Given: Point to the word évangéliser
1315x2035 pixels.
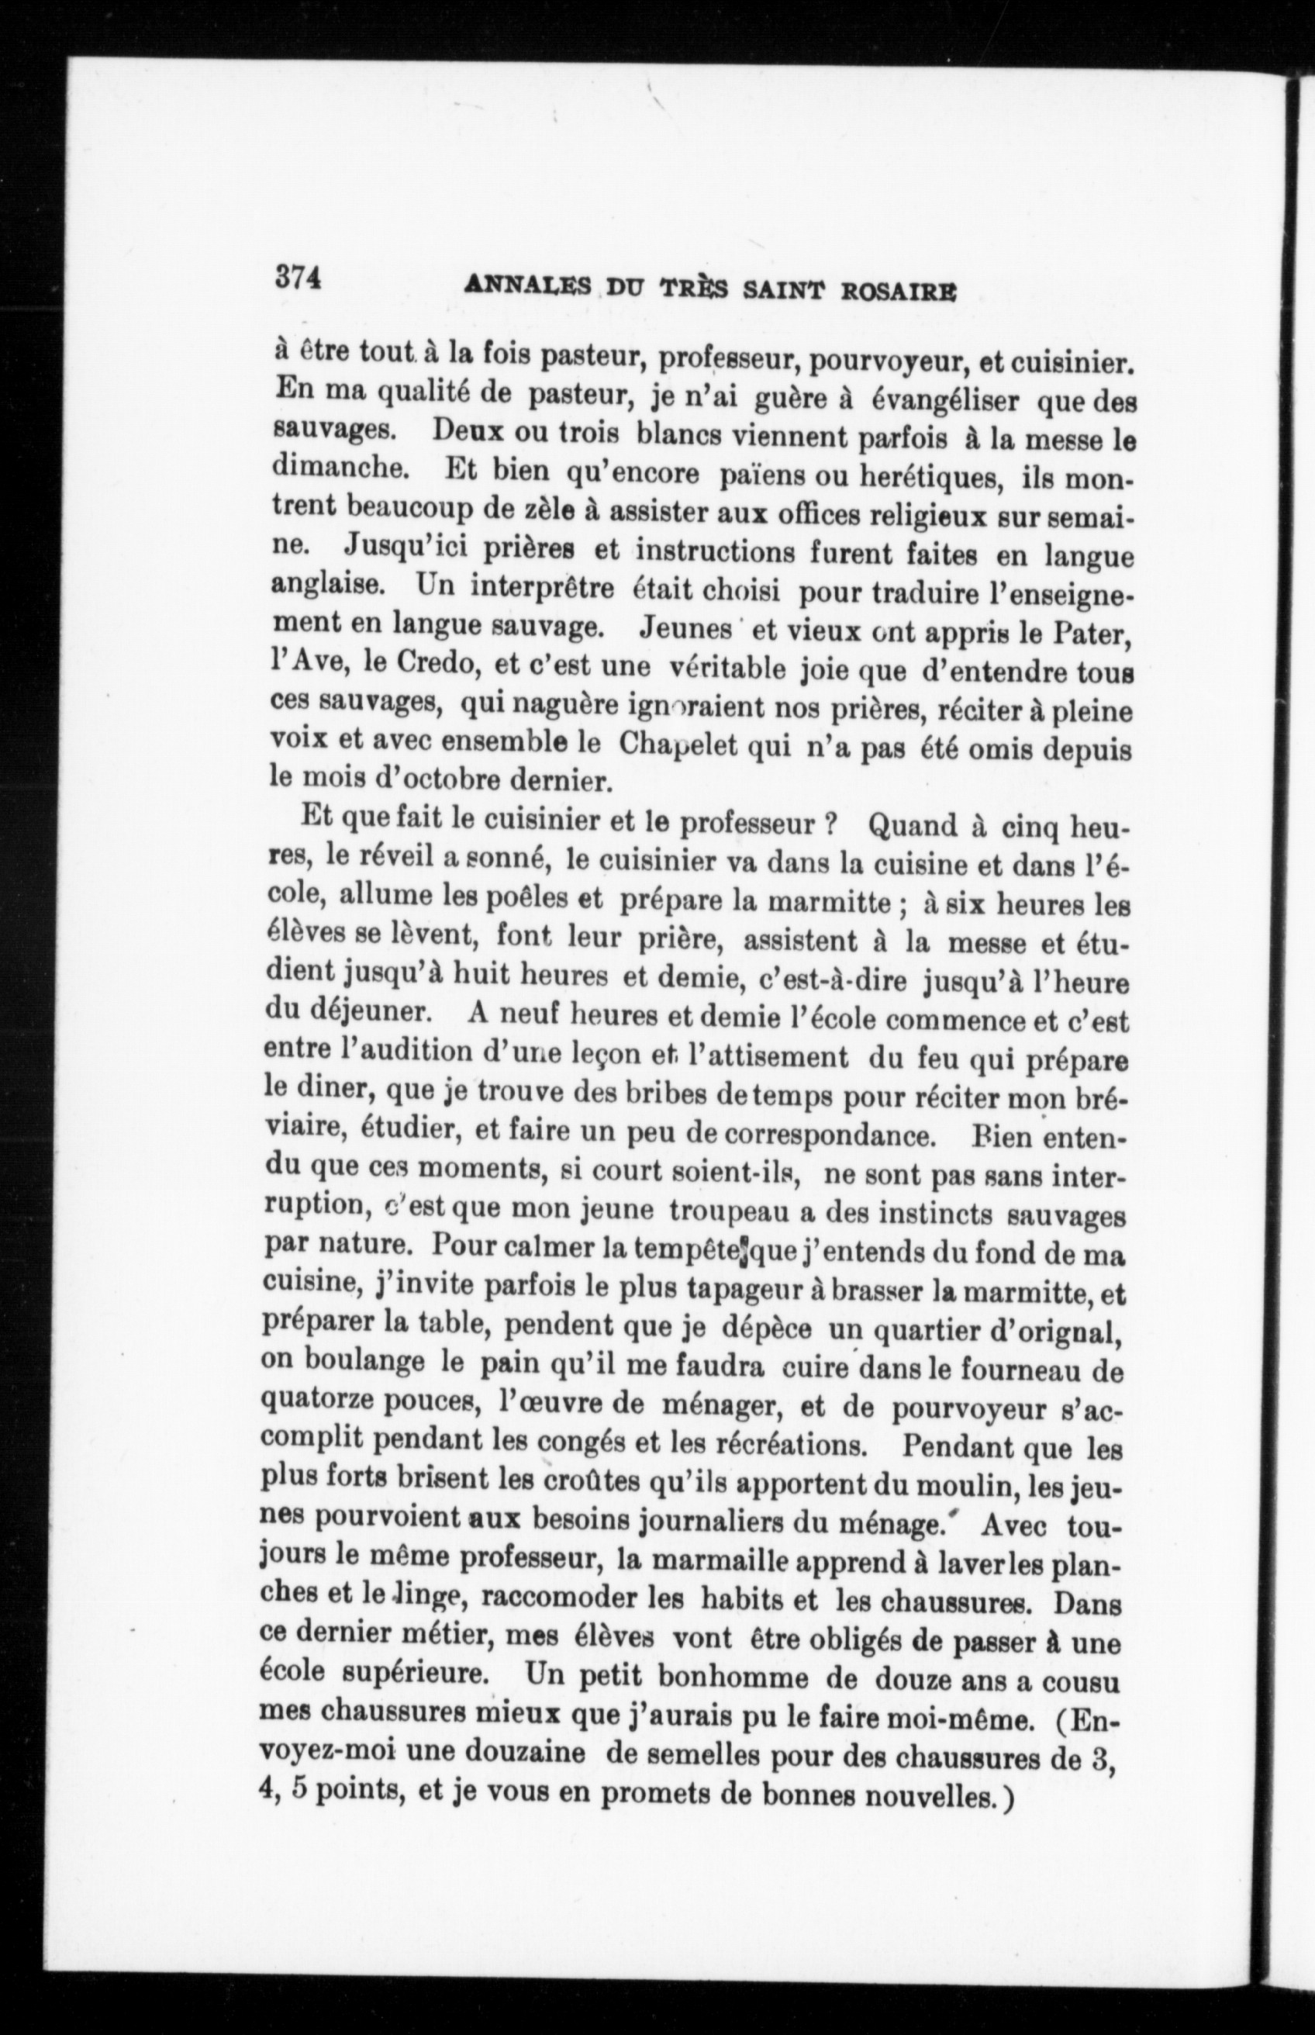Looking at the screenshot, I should click(x=944, y=399).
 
